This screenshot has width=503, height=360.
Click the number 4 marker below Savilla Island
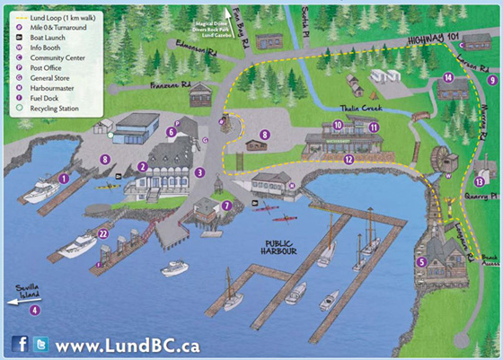point(35,310)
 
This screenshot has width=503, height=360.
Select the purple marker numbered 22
point(103,234)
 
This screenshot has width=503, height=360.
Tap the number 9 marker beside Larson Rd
point(491,80)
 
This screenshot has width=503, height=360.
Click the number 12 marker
point(348,159)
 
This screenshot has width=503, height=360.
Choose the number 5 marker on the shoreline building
point(421,261)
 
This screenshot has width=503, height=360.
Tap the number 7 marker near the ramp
point(226,206)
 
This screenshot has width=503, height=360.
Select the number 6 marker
point(170,132)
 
